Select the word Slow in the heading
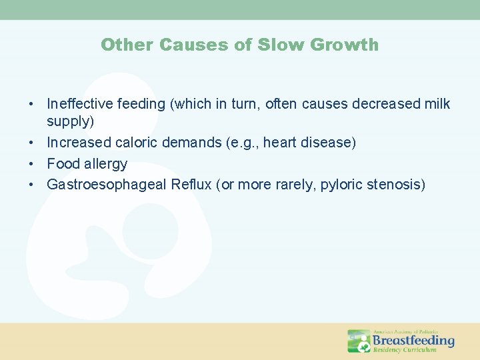pyautogui.click(x=273, y=45)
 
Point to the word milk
pyautogui.click(x=437, y=104)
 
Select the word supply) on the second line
pyautogui.click(x=70, y=122)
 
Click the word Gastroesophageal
pyautogui.click(x=106, y=185)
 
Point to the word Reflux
pyautogui.click(x=190, y=185)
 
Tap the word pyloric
pyautogui.click(x=342, y=185)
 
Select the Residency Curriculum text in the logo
pyautogui.click(x=404, y=350)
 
